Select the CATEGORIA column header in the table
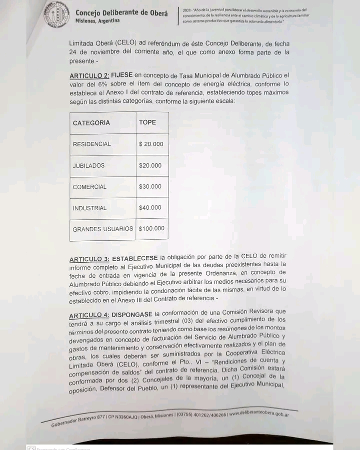91,123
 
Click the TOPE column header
147,122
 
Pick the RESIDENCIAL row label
91,144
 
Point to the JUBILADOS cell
88,166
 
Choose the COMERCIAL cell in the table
89,187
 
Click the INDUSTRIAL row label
89,208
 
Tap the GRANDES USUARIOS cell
103,229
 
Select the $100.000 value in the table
151,229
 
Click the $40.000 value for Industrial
150,208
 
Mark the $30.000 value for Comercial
150,187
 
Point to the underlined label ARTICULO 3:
89,259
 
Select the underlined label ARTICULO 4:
88,316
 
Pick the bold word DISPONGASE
132,315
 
